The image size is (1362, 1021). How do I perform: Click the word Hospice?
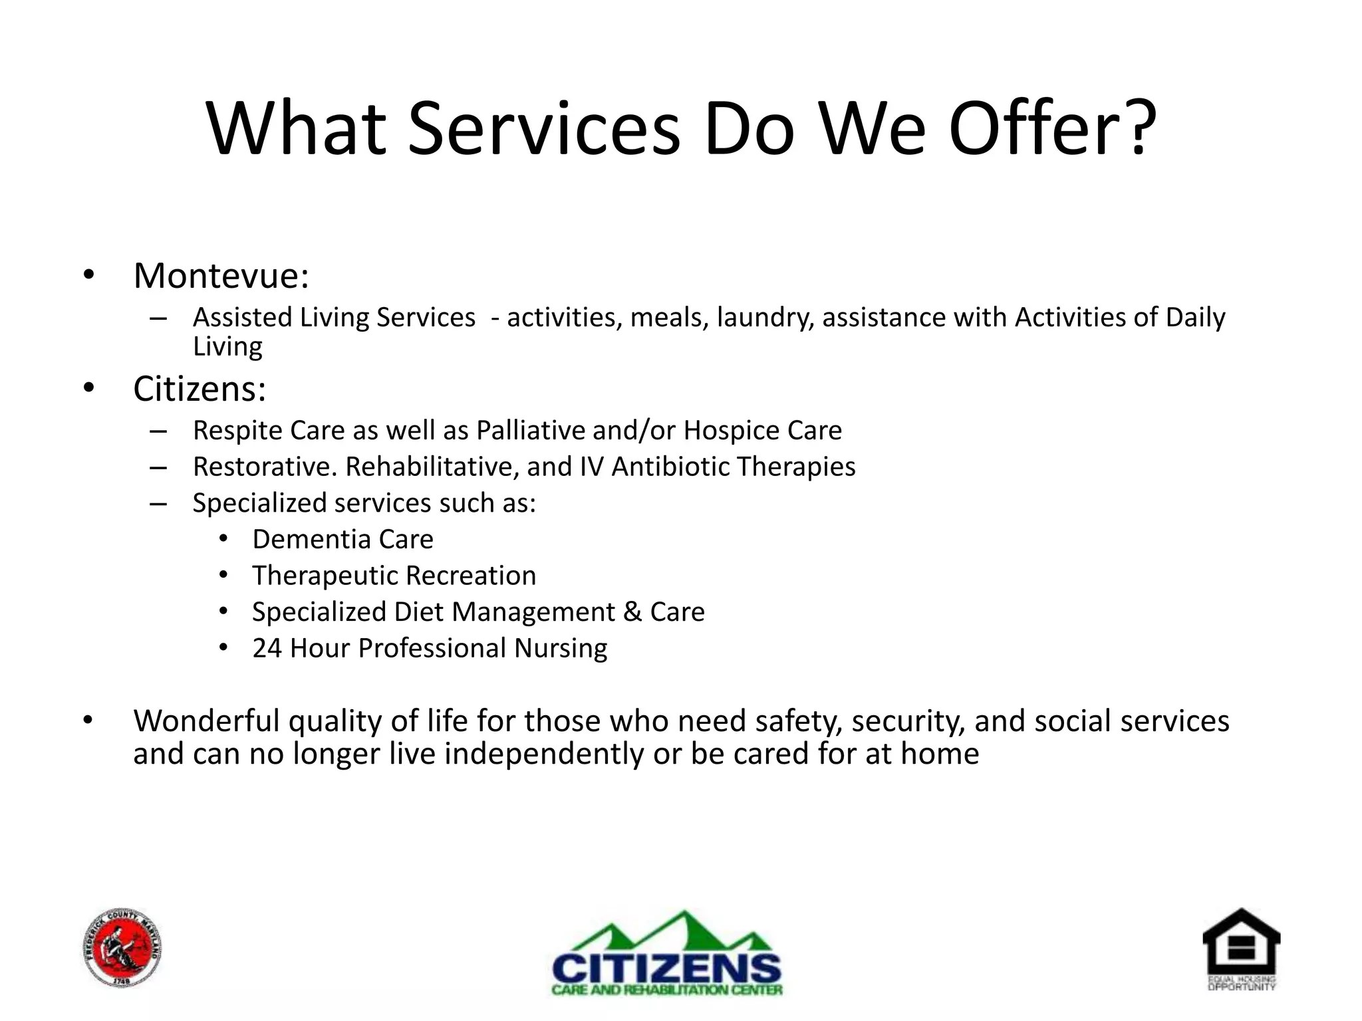click(x=731, y=431)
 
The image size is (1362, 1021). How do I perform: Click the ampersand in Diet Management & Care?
click(x=632, y=612)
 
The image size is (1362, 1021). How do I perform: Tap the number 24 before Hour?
click(x=267, y=648)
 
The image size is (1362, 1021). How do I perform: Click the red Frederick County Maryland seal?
click(x=123, y=948)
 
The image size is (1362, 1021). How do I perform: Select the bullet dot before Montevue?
click(x=89, y=275)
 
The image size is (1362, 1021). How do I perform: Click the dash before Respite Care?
click(x=158, y=431)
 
